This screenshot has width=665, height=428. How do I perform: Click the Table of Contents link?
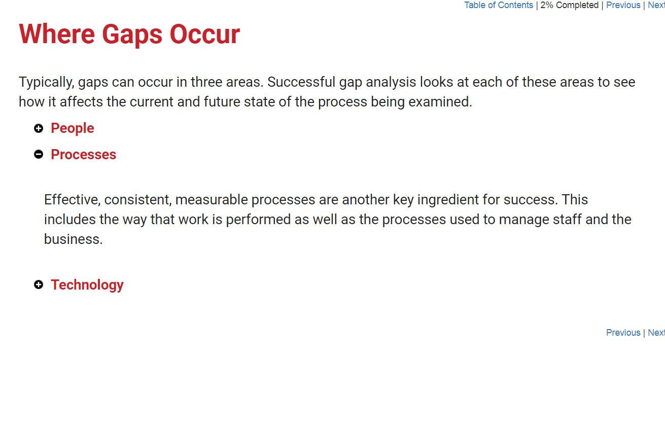499,6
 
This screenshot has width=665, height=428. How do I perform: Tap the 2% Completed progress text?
570,6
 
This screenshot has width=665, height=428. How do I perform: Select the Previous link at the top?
623,6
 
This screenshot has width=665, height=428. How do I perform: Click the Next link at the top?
656,6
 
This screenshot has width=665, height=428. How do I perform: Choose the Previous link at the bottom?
623,333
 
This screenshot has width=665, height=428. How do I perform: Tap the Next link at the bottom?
656,333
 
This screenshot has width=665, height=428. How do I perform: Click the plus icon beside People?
38,128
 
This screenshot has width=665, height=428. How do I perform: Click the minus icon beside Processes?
38,154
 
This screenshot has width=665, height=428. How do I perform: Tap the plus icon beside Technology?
38,284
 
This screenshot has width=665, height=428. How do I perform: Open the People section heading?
73,128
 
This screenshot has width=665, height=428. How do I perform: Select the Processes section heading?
83,155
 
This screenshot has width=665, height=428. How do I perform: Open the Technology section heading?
87,285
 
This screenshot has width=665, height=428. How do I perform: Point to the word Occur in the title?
204,34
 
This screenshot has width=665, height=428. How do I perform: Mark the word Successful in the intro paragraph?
301,82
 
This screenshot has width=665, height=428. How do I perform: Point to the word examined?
440,102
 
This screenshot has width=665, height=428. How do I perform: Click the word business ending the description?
74,239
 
